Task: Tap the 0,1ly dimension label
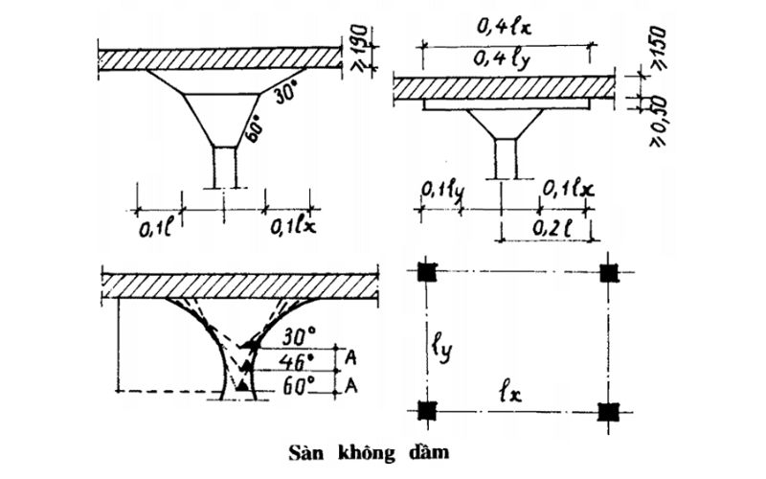441,192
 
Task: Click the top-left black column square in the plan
428,272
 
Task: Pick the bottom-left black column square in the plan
428,411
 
